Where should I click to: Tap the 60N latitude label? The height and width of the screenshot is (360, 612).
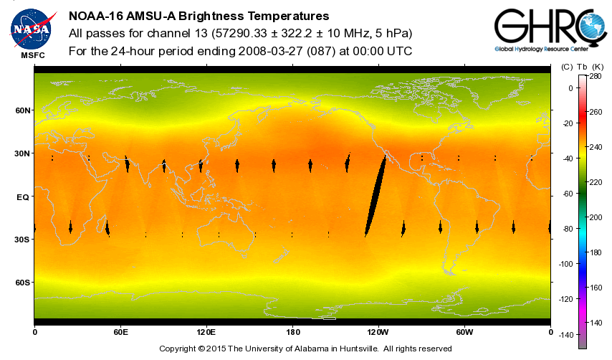tap(23, 110)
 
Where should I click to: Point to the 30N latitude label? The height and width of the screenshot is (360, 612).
tap(23, 153)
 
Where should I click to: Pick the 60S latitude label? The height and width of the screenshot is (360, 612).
tap(23, 283)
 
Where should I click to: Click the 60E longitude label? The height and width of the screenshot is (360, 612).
tap(120, 332)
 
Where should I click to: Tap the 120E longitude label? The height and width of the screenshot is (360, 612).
tap(206, 332)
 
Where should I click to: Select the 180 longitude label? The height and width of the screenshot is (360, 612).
tap(292, 332)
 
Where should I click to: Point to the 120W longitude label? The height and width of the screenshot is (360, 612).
tap(378, 332)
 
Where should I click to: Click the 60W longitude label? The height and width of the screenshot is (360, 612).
tap(464, 332)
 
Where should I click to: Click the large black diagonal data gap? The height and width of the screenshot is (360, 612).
tap(376, 196)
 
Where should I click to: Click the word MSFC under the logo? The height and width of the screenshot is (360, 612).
tap(32, 55)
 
